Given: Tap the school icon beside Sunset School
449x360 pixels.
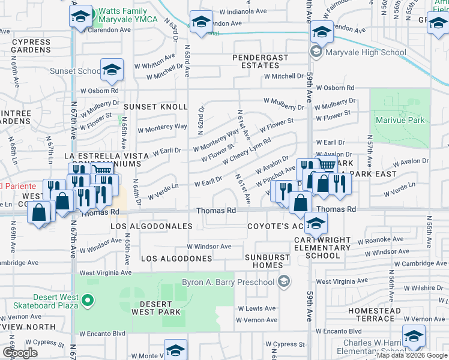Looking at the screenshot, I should [112, 70].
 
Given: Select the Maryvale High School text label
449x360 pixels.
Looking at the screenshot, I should [366, 52].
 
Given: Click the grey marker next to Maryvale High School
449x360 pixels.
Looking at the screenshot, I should [315, 52].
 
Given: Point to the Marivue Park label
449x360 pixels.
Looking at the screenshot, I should [400, 120].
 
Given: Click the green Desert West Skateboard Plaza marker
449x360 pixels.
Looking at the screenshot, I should [88, 299].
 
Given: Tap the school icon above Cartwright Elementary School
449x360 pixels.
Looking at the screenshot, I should [315, 224].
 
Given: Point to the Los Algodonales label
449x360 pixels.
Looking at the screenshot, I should [151, 226].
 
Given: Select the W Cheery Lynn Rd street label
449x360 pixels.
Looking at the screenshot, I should [246, 152].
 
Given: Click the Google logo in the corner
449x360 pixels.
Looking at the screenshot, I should [20, 353].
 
